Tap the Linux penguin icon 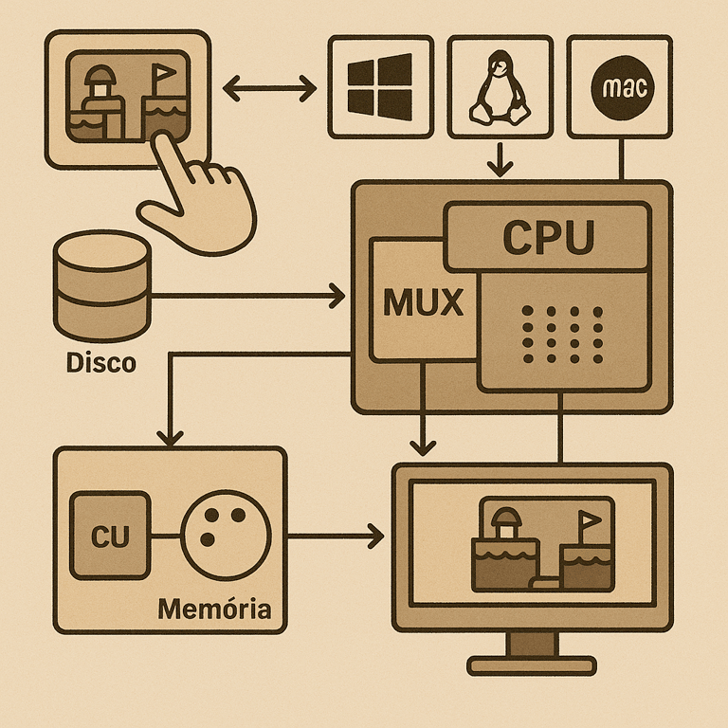500,88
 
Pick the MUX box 423,301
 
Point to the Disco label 101,362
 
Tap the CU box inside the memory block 111,536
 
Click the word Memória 214,607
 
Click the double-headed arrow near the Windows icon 270,91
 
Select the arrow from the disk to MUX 246,297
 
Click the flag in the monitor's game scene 590,521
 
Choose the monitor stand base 532,665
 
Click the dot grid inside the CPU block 564,335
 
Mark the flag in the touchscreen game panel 161,74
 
